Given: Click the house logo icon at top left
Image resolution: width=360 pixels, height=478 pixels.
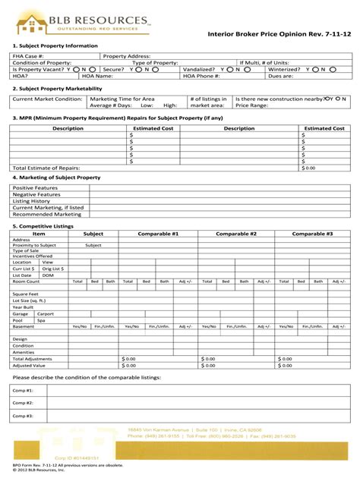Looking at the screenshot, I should pos(30,24).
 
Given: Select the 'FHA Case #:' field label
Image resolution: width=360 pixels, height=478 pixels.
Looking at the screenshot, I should pos(28,56).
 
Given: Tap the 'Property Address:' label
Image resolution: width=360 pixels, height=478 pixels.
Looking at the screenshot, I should pos(127,56).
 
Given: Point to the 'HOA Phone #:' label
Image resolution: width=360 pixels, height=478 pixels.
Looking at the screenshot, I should pos(201,76).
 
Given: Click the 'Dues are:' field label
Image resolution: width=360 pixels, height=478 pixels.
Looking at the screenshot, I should pos(280,76).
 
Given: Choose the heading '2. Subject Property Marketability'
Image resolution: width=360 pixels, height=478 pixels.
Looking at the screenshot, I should pos(51,88).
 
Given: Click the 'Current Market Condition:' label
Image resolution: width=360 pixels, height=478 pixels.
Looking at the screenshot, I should pos(47,99).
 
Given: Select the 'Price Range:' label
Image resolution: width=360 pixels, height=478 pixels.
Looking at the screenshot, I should pos(252,105).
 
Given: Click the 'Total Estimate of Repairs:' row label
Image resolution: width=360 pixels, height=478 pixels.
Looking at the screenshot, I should pos(46,168).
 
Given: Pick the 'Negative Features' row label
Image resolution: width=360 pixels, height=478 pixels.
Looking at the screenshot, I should pos(36,194).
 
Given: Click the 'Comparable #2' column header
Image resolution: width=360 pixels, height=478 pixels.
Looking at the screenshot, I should pos(236,234).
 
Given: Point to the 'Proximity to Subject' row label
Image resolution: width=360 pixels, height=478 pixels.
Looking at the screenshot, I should pos(34,246).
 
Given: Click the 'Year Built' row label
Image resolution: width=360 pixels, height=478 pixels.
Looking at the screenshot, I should pos(25,307).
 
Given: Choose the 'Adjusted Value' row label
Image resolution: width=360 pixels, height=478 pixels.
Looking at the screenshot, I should pos(30,365).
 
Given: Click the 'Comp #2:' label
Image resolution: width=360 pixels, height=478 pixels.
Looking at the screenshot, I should pos(23,403).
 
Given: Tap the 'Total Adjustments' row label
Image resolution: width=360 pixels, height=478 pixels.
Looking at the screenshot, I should pos(34,358).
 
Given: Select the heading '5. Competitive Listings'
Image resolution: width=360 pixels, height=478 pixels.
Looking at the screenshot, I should pos(43,226).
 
